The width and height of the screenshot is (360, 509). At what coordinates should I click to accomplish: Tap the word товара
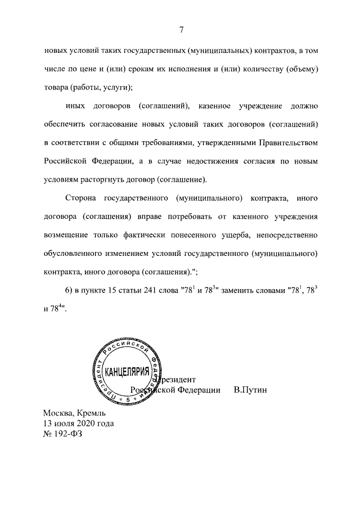(x=58, y=87)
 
